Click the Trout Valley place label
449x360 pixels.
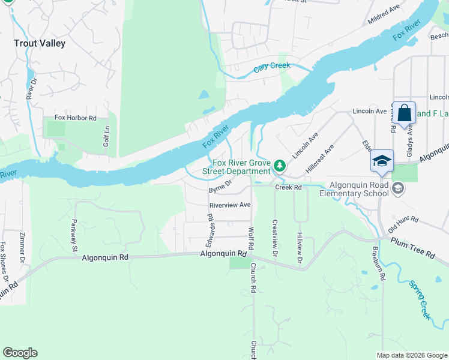(x=40, y=43)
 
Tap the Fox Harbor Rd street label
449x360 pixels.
(x=75, y=118)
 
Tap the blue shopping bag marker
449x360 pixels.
(x=405, y=112)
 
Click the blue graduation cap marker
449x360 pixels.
(x=382, y=160)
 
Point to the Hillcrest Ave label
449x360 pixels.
(x=319, y=159)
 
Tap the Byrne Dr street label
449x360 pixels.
(x=220, y=187)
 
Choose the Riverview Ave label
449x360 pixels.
(x=228, y=205)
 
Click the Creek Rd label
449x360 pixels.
(x=288, y=187)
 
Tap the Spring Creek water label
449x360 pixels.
(x=420, y=300)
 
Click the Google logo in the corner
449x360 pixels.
(x=20, y=353)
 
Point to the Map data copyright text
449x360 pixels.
(x=412, y=355)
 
